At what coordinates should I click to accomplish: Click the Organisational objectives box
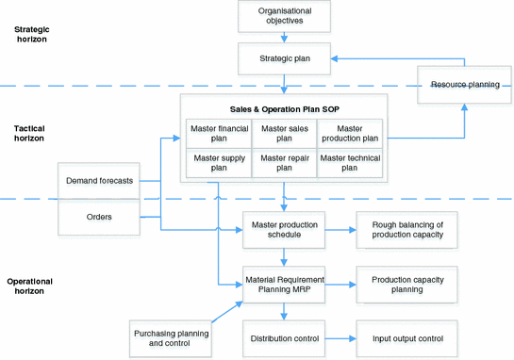(284, 15)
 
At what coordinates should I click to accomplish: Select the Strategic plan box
(284, 59)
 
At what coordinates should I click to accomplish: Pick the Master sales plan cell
(285, 134)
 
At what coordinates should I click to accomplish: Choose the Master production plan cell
(350, 134)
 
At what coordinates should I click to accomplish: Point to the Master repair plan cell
(285, 164)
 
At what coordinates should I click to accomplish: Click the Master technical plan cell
(350, 164)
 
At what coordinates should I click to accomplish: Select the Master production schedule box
(284, 229)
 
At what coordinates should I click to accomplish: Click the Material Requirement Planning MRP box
(284, 285)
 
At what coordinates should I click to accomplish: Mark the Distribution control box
(284, 337)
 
